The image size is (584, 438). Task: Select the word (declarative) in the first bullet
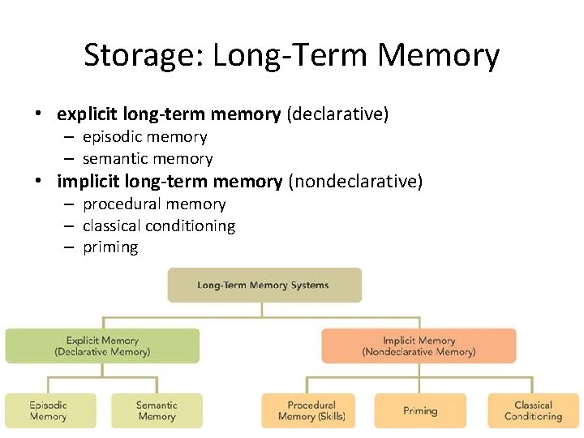click(x=337, y=114)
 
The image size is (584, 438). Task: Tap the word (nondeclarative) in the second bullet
click(x=355, y=182)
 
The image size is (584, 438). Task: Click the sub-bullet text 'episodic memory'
click(x=144, y=137)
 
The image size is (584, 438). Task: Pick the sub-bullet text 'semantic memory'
click(x=148, y=159)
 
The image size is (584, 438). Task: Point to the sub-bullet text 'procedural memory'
click(x=154, y=204)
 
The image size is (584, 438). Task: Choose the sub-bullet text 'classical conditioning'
click(x=159, y=226)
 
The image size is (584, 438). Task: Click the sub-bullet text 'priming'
click(x=110, y=247)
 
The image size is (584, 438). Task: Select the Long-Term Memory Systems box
click(x=264, y=286)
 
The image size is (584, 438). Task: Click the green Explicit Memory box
click(x=102, y=346)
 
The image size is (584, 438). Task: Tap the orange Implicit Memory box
click(x=419, y=346)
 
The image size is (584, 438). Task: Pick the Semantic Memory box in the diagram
click(x=157, y=410)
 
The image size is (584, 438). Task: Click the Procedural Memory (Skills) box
click(x=311, y=410)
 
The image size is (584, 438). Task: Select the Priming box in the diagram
click(x=420, y=410)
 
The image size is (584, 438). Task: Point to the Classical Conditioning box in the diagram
click(x=533, y=410)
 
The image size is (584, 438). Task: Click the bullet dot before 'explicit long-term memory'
click(x=39, y=114)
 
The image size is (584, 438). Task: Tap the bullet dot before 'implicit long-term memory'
click(x=39, y=182)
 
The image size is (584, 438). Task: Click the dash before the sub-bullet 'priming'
click(x=70, y=247)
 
